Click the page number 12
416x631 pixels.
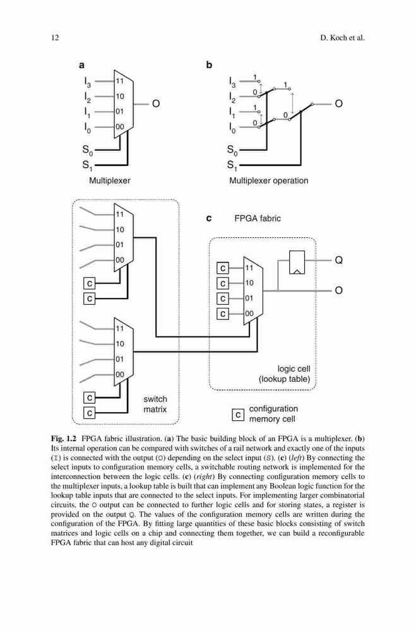click(55, 38)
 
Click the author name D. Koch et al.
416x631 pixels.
click(342, 38)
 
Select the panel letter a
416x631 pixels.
click(82, 65)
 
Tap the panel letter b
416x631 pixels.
click(209, 64)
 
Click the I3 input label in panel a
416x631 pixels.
click(87, 81)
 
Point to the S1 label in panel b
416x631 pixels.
click(232, 165)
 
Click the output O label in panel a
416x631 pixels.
click(155, 104)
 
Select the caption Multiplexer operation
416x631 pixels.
click(269, 180)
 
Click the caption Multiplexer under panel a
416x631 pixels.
click(110, 180)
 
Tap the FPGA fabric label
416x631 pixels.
click(258, 218)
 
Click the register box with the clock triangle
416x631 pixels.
click(297, 262)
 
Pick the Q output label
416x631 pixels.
click(339, 261)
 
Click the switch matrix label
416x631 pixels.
click(155, 404)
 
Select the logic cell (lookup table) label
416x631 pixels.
click(285, 374)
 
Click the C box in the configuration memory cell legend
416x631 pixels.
click(238, 415)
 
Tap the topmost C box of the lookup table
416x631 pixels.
click(223, 268)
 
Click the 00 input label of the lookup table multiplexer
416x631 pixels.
click(249, 314)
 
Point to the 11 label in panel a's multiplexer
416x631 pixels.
click(119, 81)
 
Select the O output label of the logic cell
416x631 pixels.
click(339, 290)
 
